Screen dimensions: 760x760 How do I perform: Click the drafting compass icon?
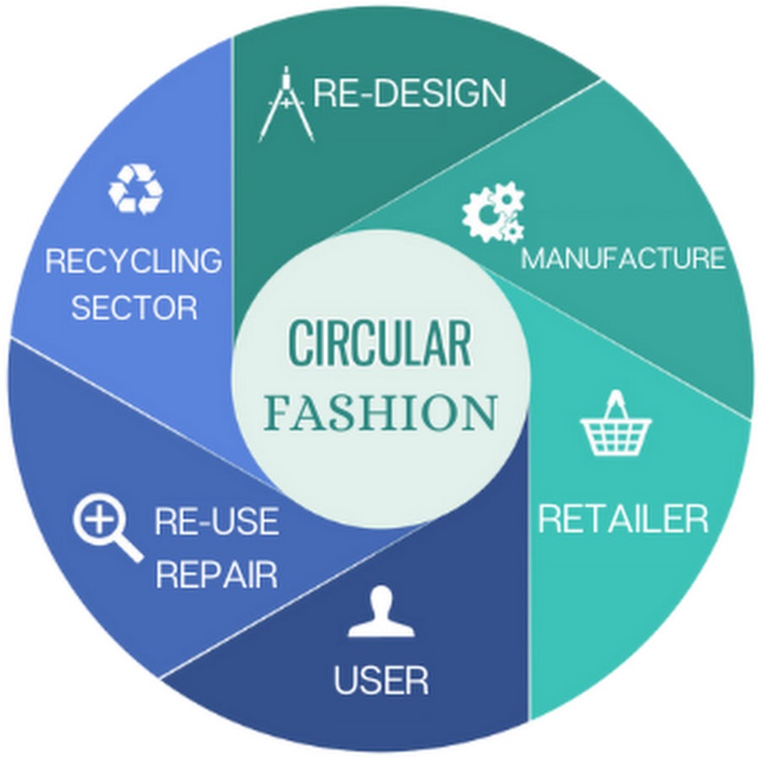286,104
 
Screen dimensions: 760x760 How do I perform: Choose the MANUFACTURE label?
623,258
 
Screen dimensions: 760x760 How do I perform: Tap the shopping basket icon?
616,423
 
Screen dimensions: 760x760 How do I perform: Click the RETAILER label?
623,518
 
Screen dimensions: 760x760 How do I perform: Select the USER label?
381,680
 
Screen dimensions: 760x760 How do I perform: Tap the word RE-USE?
217,521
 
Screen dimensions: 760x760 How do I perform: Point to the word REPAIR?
217,574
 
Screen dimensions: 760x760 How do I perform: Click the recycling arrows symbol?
136,189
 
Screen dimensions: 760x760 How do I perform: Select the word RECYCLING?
133,260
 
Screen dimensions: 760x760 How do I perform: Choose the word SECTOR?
135,307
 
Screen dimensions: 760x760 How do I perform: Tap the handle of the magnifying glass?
130,550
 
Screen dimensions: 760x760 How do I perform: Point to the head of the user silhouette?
381,600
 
